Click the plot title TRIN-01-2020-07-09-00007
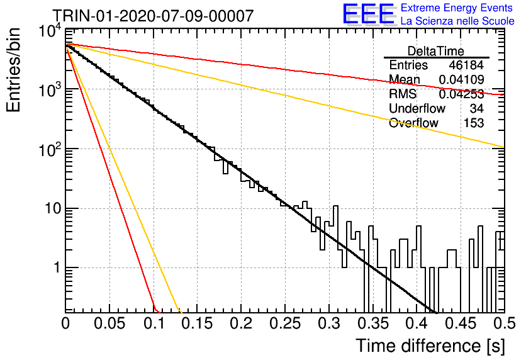(x=154, y=16)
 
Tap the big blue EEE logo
(x=369, y=14)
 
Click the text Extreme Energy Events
(x=457, y=8)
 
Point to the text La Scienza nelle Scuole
(x=457, y=21)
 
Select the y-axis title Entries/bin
(x=13, y=70)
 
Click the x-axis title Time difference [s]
(x=430, y=346)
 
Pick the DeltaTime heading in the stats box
(x=436, y=51)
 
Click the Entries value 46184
(x=466, y=65)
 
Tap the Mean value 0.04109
(x=461, y=79)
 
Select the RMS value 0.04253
(x=461, y=94)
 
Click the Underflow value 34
(x=477, y=108)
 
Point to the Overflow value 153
(x=474, y=123)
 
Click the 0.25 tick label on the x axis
(x=285, y=323)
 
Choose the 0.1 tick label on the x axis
(x=154, y=323)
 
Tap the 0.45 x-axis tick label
(x=461, y=323)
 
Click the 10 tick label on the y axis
(x=53, y=208)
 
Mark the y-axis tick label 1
(x=57, y=267)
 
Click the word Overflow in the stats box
(x=413, y=123)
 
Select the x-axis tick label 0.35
(x=373, y=323)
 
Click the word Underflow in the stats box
(x=417, y=108)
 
